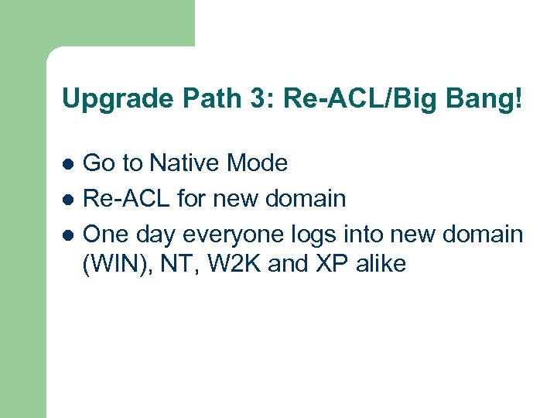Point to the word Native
(x=185, y=163)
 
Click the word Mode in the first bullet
(x=258, y=163)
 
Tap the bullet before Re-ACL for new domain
(x=67, y=200)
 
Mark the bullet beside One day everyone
(x=67, y=235)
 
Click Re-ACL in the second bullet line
(x=126, y=198)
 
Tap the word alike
(x=380, y=264)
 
